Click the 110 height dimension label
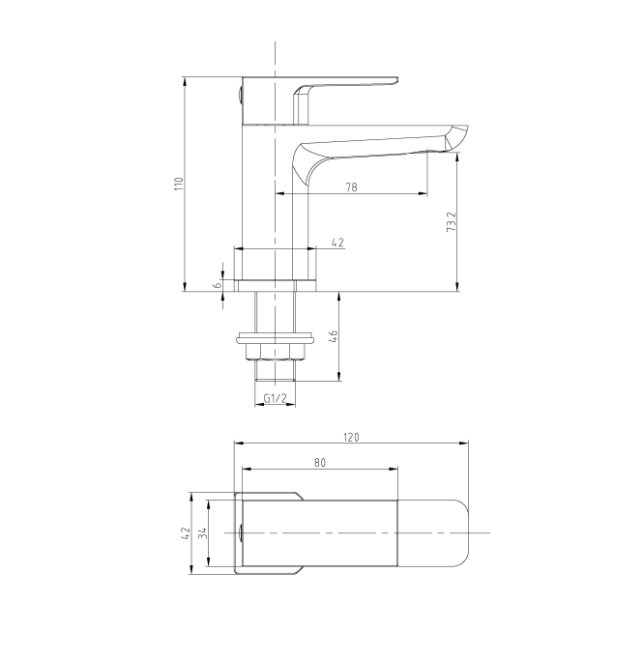pyautogui.click(x=180, y=184)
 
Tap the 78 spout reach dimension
pyautogui.click(x=352, y=187)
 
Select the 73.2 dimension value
pyautogui.click(x=451, y=221)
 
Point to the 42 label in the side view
pyautogui.click(x=337, y=243)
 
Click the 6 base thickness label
pyautogui.click(x=218, y=284)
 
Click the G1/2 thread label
pyautogui.click(x=275, y=398)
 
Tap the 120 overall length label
pyautogui.click(x=351, y=438)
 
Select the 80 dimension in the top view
pyautogui.click(x=320, y=463)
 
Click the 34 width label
pyautogui.click(x=203, y=533)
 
